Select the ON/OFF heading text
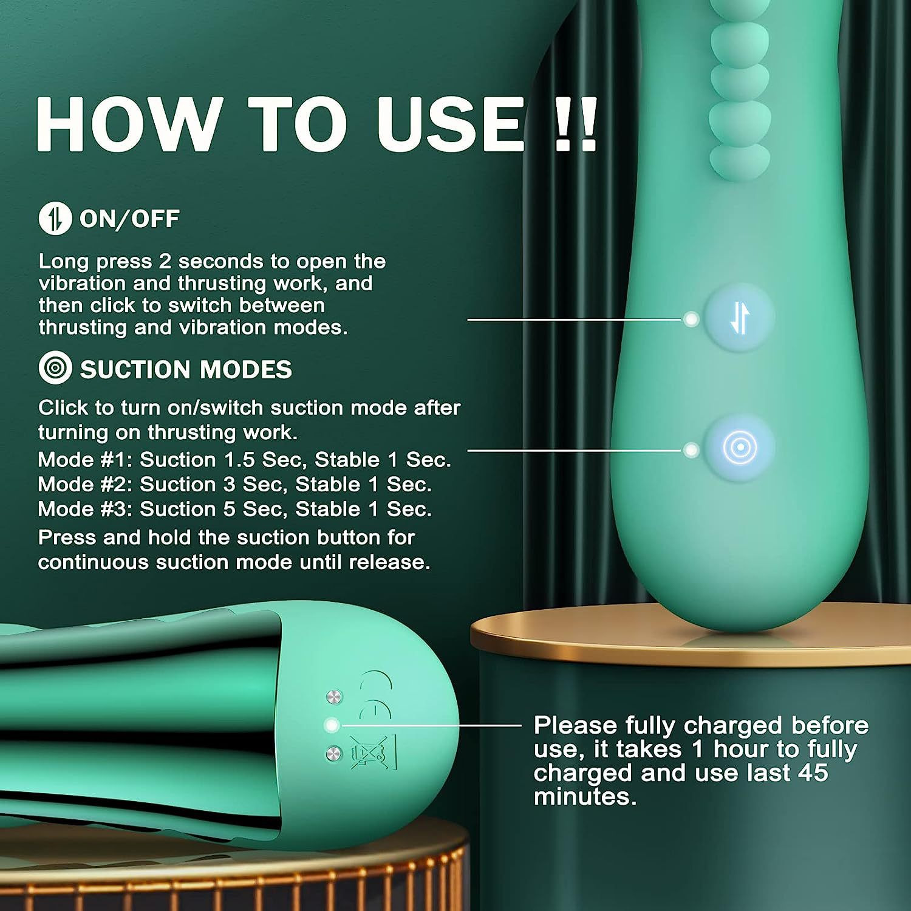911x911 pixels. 129,219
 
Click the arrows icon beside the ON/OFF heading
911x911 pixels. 55,218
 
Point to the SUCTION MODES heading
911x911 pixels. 186,369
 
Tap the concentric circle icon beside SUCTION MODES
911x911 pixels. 55,368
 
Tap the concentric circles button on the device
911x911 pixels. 739,448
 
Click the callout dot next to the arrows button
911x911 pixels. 691,319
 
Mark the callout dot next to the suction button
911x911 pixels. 691,450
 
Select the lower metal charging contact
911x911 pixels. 333,754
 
